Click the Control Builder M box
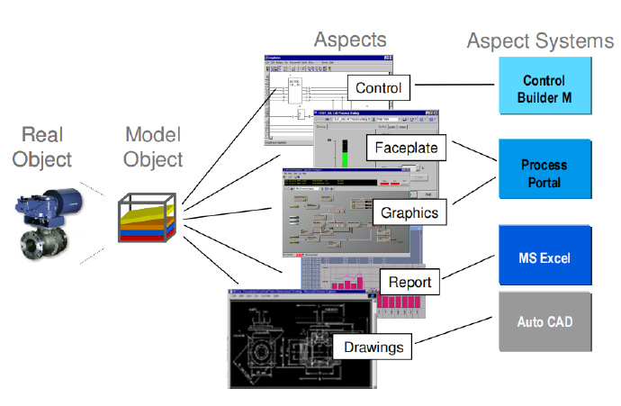[x=544, y=86]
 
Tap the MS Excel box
[x=544, y=258]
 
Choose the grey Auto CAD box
[x=544, y=321]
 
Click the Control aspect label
[x=379, y=88]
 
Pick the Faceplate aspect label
[x=407, y=145]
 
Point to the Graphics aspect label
[x=409, y=213]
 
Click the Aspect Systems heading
[x=540, y=41]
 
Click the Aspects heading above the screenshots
[x=350, y=39]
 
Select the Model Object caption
[x=154, y=146]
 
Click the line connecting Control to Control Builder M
[x=454, y=87]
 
